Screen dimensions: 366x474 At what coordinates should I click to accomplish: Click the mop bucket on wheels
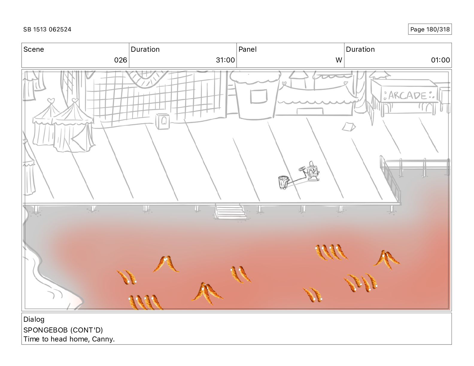(283, 182)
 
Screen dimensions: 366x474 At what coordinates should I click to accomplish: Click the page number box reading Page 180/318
(430, 29)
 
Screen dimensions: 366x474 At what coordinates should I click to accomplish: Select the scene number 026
(121, 60)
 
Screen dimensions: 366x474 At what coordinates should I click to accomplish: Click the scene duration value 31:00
(225, 60)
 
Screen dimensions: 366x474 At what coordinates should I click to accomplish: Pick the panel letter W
(338, 60)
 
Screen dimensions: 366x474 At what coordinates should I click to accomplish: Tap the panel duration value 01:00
(440, 60)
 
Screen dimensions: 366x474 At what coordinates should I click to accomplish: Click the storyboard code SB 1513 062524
(47, 29)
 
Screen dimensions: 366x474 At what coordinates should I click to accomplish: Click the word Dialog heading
(34, 319)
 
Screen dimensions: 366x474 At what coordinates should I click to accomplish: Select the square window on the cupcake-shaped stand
(259, 96)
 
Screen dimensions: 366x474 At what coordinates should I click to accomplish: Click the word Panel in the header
(247, 49)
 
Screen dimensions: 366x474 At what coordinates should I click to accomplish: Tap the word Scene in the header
(34, 49)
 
